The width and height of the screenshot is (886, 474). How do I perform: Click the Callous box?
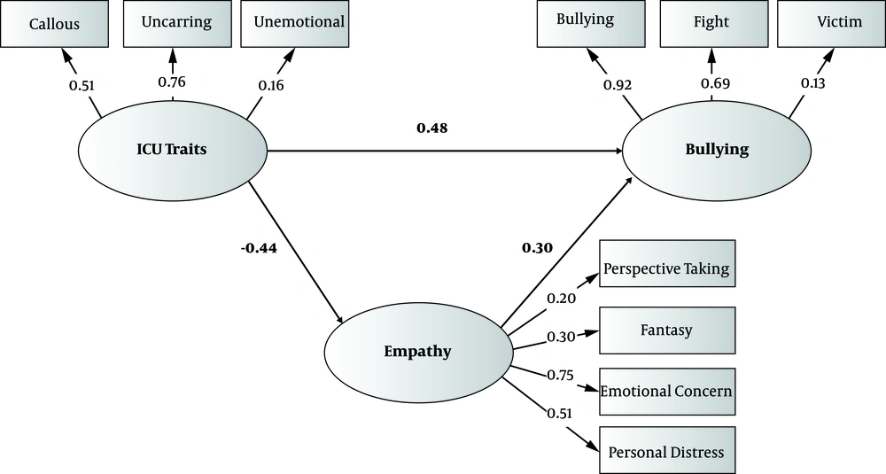[54, 24]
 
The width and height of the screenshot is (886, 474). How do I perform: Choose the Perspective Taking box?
[667, 269]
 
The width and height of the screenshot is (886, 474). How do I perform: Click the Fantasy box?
[667, 330]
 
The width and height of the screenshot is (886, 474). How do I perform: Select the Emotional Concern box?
[667, 391]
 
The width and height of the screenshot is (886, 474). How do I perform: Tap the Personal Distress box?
[667, 452]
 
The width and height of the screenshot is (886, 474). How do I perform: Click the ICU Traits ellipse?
[174, 150]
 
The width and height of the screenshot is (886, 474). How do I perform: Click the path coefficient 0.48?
[432, 128]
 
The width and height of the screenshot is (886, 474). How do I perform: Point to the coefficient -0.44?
[259, 248]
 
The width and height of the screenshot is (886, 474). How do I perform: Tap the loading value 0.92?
[617, 85]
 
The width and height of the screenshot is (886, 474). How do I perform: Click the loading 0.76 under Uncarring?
[172, 82]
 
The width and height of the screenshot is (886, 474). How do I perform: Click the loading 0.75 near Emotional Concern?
[559, 375]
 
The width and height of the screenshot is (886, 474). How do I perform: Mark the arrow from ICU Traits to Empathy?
[297, 252]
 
